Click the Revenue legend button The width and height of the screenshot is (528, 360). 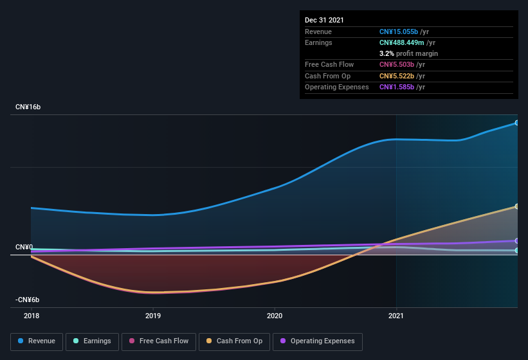[37, 341]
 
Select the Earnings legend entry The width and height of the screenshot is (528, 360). [92, 341]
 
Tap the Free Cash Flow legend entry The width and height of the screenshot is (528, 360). [158, 341]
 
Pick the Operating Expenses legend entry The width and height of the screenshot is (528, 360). [317, 341]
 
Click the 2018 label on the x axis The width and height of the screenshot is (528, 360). [31, 316]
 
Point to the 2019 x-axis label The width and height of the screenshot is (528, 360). [153, 316]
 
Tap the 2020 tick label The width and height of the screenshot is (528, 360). [275, 316]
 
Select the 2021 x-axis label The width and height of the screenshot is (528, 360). [396, 316]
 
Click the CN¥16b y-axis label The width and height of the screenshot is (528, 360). [28, 107]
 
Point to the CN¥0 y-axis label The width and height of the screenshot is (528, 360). [24, 248]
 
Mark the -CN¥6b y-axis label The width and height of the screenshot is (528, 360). [28, 300]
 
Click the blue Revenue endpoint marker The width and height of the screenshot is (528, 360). [516, 123]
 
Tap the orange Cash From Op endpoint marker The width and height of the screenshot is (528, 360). [516, 206]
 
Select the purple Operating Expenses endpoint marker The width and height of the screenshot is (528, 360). [516, 241]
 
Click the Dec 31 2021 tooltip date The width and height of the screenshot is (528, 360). [324, 20]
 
